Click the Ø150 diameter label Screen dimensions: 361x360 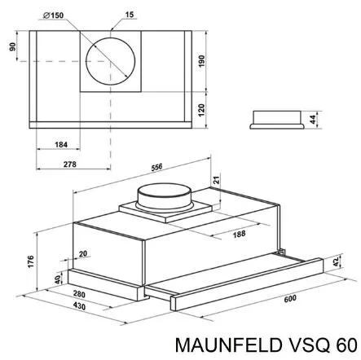tap(54, 15)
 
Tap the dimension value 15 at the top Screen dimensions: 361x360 tap(130, 15)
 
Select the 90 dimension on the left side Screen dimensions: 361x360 tap(13, 46)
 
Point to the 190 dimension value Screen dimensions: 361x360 tap(201, 61)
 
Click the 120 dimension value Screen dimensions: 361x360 tap(201, 110)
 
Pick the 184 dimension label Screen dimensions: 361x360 tap(61, 144)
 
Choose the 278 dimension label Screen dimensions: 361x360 tap(70, 165)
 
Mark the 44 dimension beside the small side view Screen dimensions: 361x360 tap(313, 120)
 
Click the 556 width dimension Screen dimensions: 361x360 tap(156, 167)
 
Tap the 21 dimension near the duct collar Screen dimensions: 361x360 tap(216, 180)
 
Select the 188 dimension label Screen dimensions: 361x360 tap(239, 234)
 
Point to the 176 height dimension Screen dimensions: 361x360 tap(31, 261)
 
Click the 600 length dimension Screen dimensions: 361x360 tap(290, 299)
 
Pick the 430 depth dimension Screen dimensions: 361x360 tap(79, 306)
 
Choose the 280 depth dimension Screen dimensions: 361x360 tap(79, 294)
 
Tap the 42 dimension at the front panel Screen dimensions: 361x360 tap(337, 261)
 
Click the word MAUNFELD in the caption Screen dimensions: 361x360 tap(228, 345)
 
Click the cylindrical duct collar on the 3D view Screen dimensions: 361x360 tap(165, 197)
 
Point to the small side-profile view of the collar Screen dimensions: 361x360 tap(277, 120)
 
